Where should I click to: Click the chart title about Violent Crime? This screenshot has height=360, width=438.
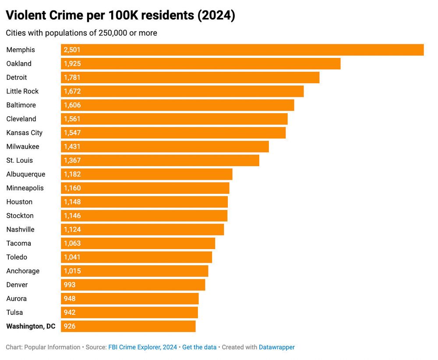[120, 15]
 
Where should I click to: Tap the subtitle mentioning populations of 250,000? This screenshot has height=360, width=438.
[81, 33]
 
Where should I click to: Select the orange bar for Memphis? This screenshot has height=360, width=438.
[242, 50]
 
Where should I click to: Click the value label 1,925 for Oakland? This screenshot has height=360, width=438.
[72, 64]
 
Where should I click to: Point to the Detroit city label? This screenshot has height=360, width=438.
[17, 78]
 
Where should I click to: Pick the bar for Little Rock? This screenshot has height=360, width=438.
[182, 91]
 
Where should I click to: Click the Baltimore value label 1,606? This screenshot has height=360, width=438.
[72, 105]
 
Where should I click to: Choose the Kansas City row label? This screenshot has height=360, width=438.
[25, 133]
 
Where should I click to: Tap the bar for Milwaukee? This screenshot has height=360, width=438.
[165, 146]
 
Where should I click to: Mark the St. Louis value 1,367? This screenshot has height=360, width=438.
[72, 160]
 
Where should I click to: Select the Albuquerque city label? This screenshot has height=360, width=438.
[26, 174]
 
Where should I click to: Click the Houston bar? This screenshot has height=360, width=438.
[144, 202]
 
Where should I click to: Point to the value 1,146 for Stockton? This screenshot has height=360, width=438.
[72, 216]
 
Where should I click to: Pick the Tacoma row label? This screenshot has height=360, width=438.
[19, 243]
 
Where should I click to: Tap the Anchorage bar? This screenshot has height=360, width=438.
[134, 271]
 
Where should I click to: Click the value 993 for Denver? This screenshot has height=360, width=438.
[70, 285]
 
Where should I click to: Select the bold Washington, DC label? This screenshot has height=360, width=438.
[31, 326]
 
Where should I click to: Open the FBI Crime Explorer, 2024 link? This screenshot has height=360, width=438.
[143, 347]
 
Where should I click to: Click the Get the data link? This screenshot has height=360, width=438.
[199, 347]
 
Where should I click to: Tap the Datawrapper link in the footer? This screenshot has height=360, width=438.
[277, 347]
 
